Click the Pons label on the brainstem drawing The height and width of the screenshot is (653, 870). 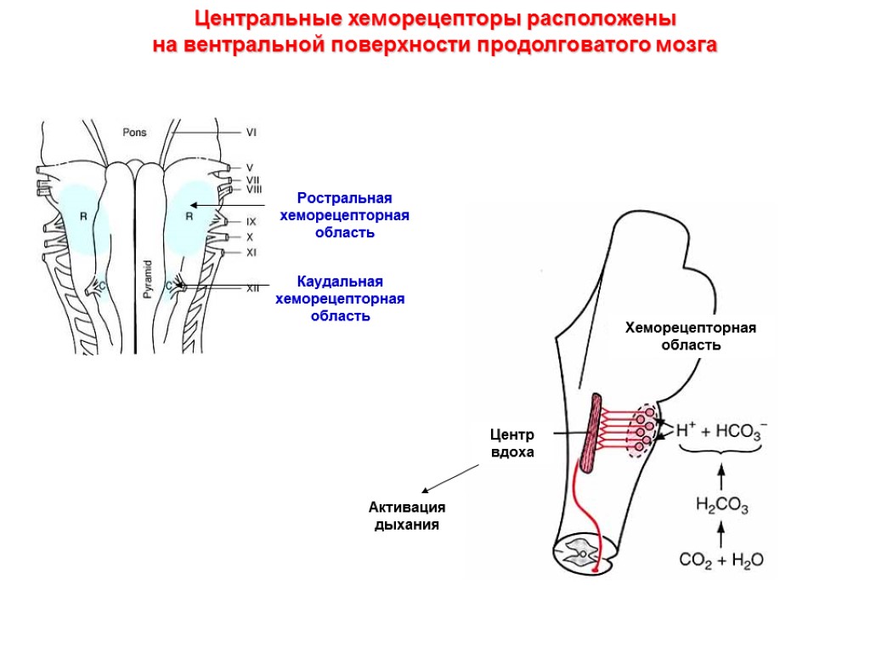pos(134,132)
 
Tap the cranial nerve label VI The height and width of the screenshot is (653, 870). pos(251,132)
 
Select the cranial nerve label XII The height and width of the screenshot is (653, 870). pos(252,288)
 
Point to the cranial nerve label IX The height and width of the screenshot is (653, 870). pos(251,221)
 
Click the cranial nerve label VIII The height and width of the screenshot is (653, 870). pos(253,190)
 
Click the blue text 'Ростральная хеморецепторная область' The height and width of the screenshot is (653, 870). pos(344,215)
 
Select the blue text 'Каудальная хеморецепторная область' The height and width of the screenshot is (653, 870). pos(340,298)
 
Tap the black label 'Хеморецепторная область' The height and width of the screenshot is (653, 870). pos(691,337)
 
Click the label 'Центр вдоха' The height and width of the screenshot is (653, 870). pos(512,444)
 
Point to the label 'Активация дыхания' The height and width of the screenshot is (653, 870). pos(407,516)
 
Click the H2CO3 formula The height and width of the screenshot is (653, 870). pos(721,508)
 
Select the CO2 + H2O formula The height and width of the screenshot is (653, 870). pos(721,560)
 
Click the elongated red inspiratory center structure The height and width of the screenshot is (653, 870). pos(592,433)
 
